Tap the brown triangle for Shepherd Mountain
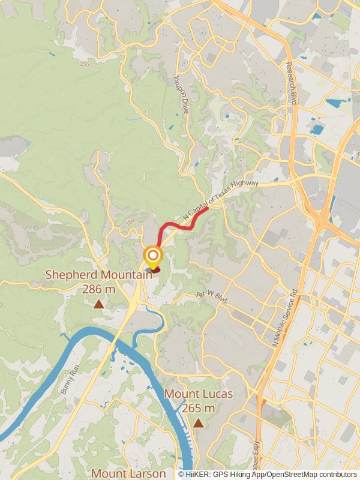tap(98, 304)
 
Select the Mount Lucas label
tap(198, 394)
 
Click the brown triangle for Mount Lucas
tap(198, 423)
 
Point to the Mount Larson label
tap(128, 473)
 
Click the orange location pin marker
tap(153, 258)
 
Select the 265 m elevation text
tap(198, 408)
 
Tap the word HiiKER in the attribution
tap(198, 474)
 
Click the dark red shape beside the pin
tap(157, 270)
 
